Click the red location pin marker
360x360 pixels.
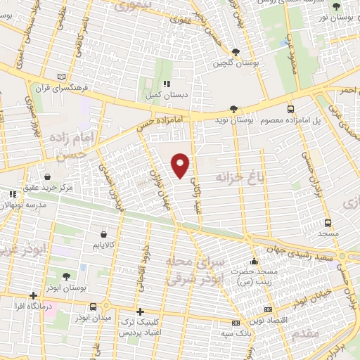tap(181, 165)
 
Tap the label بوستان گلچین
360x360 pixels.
tap(236, 63)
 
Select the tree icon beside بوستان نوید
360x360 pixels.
tap(235, 109)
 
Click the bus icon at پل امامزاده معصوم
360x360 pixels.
tap(290, 109)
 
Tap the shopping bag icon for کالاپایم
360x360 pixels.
tap(104, 233)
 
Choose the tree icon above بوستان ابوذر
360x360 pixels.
tap(66, 276)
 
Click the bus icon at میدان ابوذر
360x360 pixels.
tap(94, 306)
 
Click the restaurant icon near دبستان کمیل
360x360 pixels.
tap(167, 83)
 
